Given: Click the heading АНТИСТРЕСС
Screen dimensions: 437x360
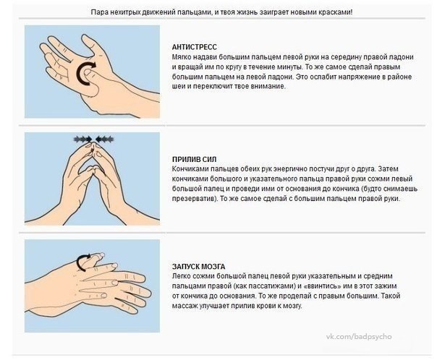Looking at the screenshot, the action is point(194,47).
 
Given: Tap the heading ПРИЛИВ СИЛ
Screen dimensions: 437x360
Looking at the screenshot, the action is point(194,159).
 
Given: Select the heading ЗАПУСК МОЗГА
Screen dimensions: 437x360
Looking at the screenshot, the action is point(198,267).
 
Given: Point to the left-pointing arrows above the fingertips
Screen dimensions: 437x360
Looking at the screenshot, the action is point(104,139).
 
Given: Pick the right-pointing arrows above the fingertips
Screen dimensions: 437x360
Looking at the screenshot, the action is point(83,139).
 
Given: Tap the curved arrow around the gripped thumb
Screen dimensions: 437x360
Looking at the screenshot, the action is point(82,262).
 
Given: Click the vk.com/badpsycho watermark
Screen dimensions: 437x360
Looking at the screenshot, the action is point(359,336).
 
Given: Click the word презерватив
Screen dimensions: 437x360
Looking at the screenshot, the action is point(194,199).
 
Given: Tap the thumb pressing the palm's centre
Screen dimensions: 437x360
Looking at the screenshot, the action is point(91,80).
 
